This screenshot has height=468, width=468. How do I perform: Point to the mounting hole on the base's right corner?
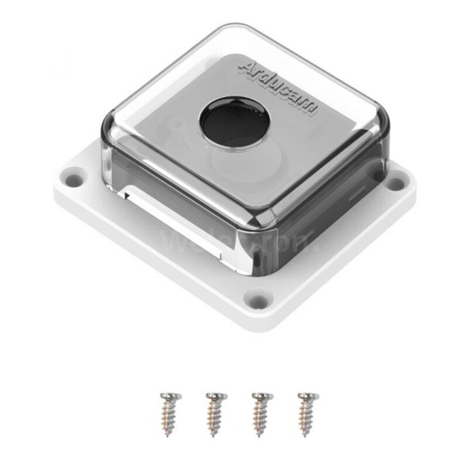coord(396,183)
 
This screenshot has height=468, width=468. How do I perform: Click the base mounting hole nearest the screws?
coord(256,301)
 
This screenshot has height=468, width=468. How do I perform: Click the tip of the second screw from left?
coord(214,435)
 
